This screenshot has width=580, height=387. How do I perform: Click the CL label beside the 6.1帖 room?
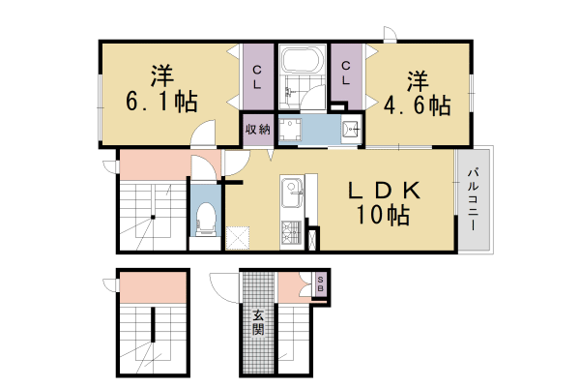click(x=258, y=77)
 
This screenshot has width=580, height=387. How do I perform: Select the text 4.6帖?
click(x=416, y=104)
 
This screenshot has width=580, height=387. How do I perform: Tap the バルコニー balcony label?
click(x=475, y=198)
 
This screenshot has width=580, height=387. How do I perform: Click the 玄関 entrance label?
click(x=258, y=321)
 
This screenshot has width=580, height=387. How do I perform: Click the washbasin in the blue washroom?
click(x=352, y=128)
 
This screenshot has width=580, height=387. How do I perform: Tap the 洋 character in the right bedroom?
click(x=417, y=78)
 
